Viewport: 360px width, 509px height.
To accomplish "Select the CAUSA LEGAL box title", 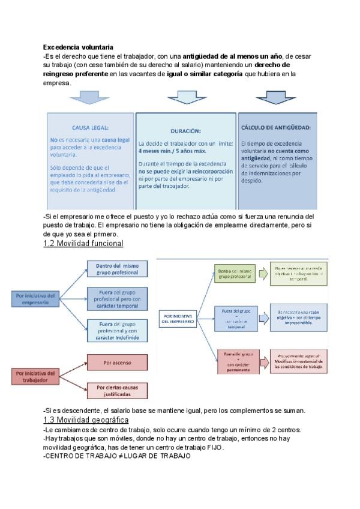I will [x=90, y=127].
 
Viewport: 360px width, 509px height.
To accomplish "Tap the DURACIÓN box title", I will [x=185, y=130].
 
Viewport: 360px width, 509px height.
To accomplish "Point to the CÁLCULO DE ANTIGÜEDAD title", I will [x=275, y=127].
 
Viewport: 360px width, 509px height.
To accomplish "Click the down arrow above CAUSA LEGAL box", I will [x=89, y=98].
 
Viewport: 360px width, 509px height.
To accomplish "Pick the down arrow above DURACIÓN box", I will [x=187, y=98].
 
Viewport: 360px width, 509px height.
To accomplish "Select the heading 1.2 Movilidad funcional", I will [x=83, y=243].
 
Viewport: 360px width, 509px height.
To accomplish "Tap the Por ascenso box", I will [x=117, y=363].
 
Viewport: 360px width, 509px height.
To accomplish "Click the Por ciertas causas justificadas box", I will [x=117, y=391].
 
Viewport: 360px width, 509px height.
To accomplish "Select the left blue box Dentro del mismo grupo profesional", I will [x=117, y=268].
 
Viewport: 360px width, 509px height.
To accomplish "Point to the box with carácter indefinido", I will [x=117, y=331].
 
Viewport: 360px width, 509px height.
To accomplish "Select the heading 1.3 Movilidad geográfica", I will [x=86, y=420].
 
